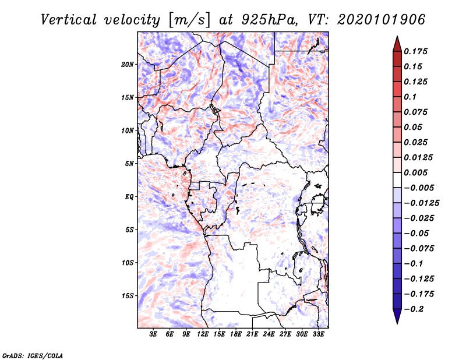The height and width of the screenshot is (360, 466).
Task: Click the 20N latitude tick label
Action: coord(128,65)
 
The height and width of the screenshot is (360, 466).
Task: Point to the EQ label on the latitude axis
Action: coord(129,197)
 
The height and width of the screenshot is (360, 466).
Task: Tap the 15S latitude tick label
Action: coord(128,296)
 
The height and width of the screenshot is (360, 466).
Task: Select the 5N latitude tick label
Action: coord(129,164)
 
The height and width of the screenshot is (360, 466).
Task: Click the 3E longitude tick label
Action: coord(153,334)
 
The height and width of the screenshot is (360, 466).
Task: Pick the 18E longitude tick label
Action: coord(236,334)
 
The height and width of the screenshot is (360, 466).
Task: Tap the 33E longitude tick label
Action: coord(318,334)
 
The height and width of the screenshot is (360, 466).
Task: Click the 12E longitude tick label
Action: coord(203,334)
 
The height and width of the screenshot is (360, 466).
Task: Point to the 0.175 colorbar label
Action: coord(415,51)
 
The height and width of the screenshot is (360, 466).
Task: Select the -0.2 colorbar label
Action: coord(414,309)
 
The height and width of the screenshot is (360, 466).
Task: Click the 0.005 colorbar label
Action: coord(415,172)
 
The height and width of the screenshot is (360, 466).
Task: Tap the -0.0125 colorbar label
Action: coord(421,203)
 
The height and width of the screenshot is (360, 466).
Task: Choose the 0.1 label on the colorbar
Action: coord(410,97)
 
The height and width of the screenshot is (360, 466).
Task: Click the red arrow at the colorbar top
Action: coord(397,44)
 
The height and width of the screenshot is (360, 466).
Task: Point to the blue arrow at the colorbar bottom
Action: coord(397,316)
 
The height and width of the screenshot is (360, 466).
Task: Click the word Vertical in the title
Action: coord(69,20)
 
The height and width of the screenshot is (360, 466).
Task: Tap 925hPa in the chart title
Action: coord(270,20)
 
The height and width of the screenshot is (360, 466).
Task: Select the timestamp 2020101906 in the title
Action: coord(382,20)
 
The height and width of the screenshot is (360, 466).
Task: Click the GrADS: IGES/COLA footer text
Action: coord(33,356)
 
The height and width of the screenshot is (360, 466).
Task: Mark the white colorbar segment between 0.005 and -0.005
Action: coord(397,180)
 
